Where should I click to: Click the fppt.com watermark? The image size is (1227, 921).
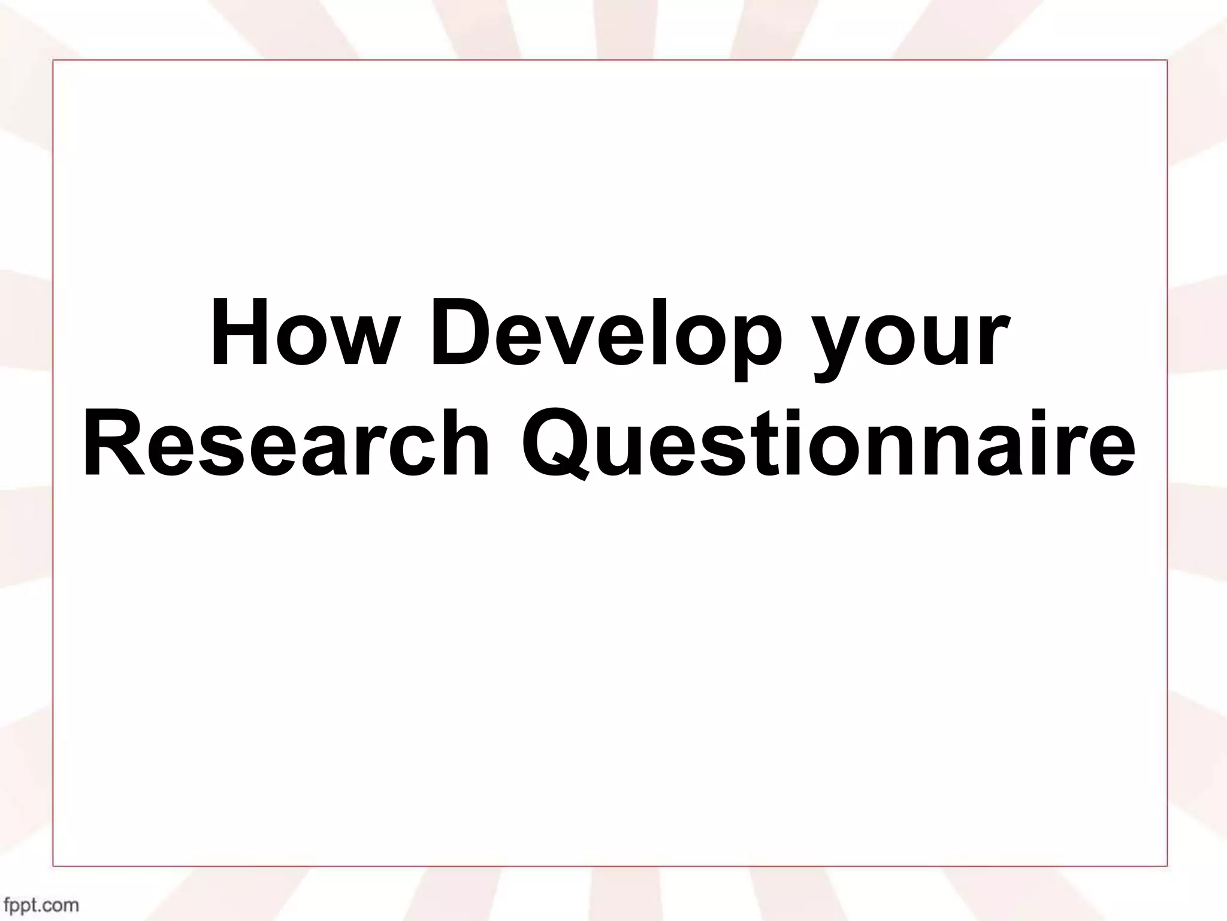click(41, 904)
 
